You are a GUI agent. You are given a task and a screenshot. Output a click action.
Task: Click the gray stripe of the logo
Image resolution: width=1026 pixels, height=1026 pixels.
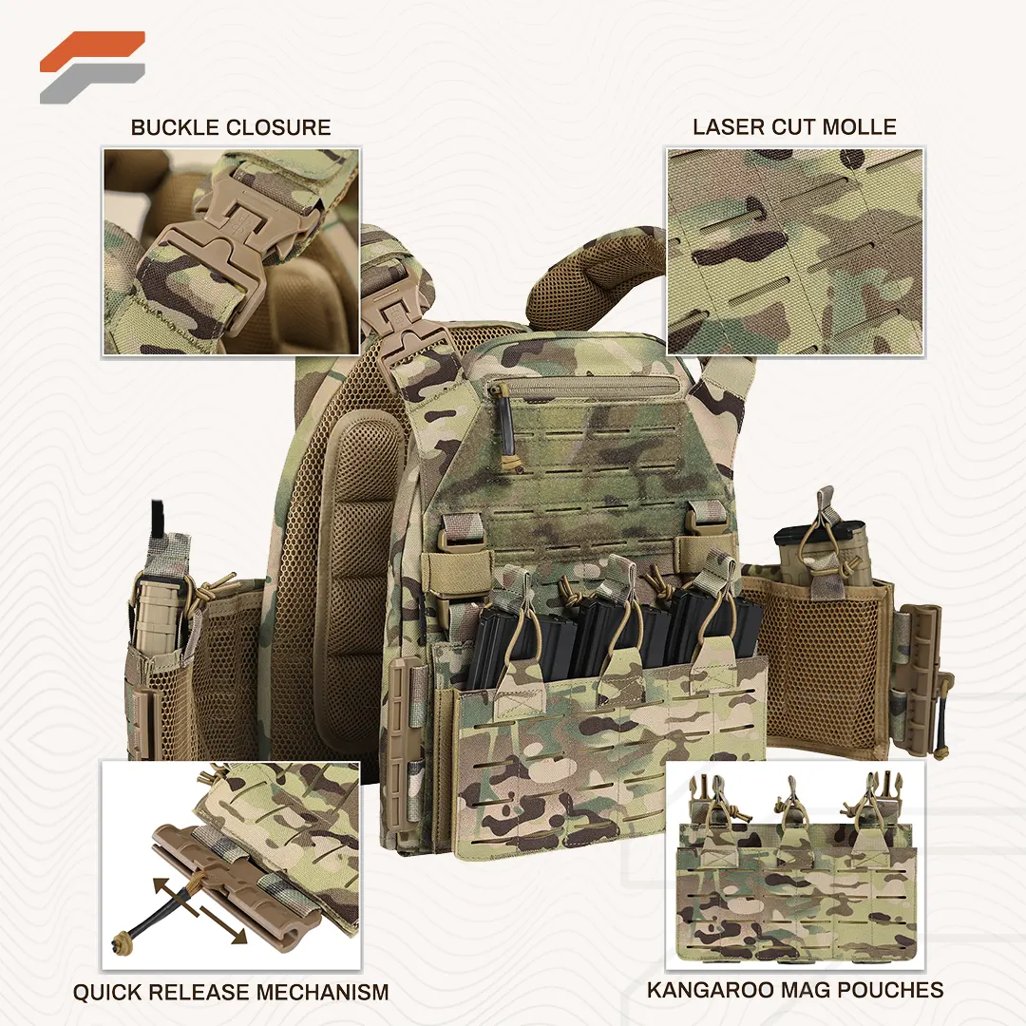91,84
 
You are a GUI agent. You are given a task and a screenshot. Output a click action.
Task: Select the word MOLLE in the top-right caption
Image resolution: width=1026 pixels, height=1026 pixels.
859,127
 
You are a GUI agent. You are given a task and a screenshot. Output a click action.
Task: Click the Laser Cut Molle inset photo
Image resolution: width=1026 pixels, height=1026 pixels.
795,253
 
